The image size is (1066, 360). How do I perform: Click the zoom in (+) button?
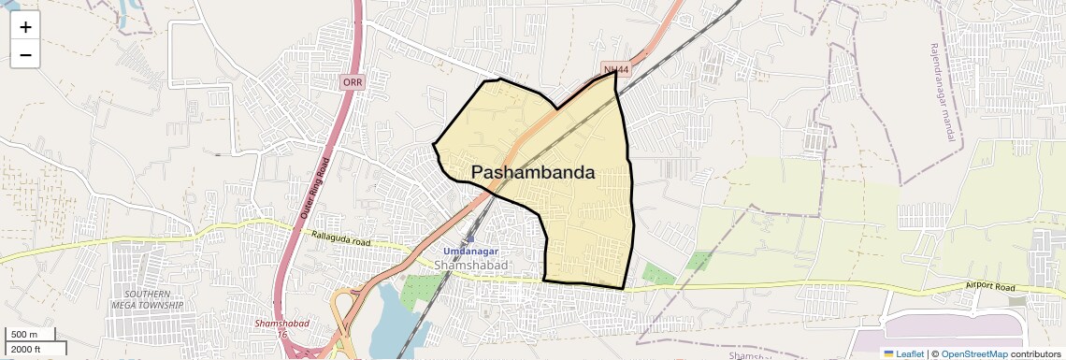25,27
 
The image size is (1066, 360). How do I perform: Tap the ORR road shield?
353,82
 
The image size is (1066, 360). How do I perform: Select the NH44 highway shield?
615,70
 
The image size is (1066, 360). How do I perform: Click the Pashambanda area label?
533,173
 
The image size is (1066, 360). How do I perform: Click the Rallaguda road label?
341,240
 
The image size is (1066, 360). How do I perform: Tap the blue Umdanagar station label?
470,252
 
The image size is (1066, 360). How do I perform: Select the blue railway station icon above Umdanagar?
469,239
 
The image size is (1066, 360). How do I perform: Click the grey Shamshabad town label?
470,266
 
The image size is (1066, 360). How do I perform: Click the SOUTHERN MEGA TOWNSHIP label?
147,299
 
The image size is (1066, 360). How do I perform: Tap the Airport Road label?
990,288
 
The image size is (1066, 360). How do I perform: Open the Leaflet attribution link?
904,353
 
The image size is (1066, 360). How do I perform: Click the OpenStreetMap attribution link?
974,353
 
